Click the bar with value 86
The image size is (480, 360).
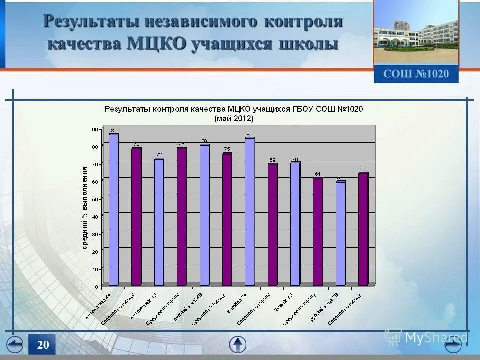(x=114, y=210)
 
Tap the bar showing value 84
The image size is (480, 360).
(x=250, y=212)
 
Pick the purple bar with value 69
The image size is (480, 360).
(x=272, y=225)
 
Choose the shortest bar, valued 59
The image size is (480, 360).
(x=340, y=233)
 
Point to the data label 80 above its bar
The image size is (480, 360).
(x=204, y=141)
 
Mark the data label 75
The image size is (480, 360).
(x=227, y=149)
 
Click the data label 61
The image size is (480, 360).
(x=318, y=174)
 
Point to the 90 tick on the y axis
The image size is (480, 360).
(x=95, y=130)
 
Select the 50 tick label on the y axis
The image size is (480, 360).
(x=95, y=199)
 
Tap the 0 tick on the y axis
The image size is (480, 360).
(x=97, y=287)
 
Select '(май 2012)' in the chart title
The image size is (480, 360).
(x=234, y=119)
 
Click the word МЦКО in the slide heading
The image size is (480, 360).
(x=158, y=43)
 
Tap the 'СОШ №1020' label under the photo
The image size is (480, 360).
(x=416, y=74)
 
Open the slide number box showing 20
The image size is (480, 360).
(x=42, y=345)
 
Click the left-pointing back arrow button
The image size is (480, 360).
(x=15, y=345)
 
